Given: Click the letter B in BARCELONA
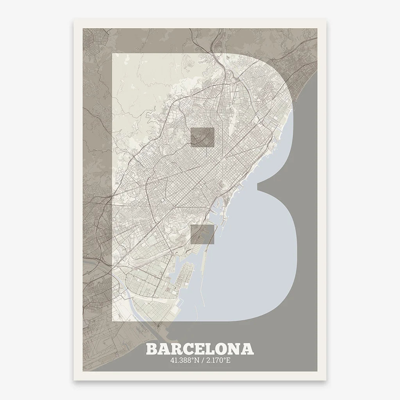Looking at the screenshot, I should point(152,349).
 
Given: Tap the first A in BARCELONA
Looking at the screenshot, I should point(164,349).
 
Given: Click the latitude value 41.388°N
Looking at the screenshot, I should point(184,360).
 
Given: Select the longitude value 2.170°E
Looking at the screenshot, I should point(218,360).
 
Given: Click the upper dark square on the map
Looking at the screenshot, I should point(202,137).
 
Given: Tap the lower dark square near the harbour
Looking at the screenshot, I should point(202,234).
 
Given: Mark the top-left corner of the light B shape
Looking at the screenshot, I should point(113,54).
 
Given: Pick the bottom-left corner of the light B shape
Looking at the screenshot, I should point(113,320).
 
